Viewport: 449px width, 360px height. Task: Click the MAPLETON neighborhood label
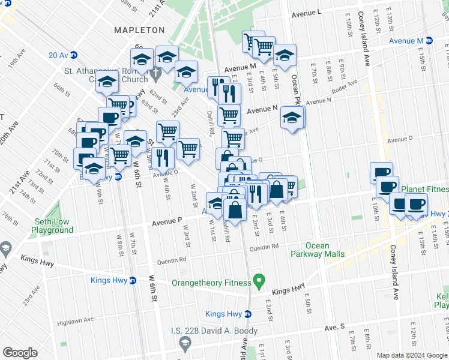(139, 29)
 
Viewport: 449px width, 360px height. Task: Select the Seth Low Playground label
(52, 226)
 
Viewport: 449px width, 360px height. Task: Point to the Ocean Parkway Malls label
(317, 250)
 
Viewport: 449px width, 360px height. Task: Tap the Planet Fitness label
(424, 188)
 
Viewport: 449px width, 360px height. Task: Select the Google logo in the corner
(20, 352)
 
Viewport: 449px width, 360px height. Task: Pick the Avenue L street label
(307, 13)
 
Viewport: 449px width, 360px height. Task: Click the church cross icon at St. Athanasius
(155, 76)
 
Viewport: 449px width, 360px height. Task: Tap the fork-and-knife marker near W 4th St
(162, 157)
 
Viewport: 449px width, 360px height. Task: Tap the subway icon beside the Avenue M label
(429, 41)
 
